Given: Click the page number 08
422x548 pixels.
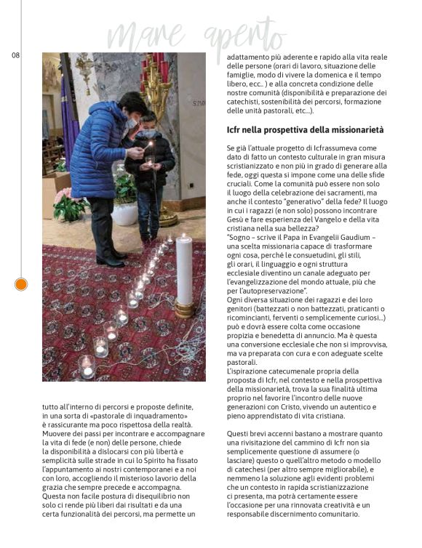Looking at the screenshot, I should [x=15, y=55].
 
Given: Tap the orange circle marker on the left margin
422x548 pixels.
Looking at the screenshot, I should [x=21, y=284].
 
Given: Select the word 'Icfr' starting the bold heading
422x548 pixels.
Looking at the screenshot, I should [x=236, y=130].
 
